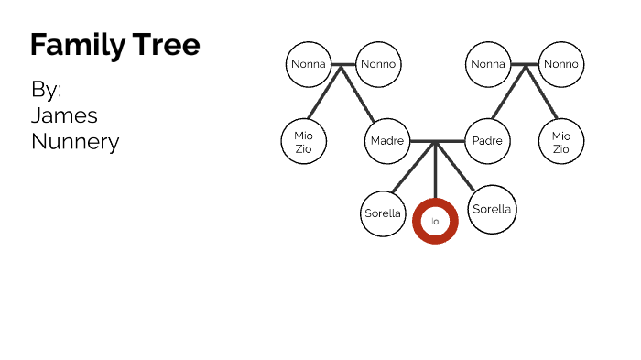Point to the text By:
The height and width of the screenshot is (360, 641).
(46, 90)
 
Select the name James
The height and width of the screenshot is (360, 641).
(64, 115)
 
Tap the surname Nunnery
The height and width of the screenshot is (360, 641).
(75, 142)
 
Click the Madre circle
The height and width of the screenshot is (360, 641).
(386, 141)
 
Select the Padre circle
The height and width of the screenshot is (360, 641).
(487, 141)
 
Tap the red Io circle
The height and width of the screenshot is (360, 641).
(435, 222)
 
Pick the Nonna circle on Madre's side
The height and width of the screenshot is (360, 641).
(308, 64)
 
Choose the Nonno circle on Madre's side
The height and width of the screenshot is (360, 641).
(377, 64)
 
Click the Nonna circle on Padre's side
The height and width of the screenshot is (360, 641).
(488, 64)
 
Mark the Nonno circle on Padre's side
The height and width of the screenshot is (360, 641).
(560, 64)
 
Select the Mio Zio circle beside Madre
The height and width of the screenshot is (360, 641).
(303, 142)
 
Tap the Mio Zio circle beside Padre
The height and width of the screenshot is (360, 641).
(560, 142)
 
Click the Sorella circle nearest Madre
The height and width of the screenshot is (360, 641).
(383, 213)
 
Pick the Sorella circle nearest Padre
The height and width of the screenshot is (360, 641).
(492, 209)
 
